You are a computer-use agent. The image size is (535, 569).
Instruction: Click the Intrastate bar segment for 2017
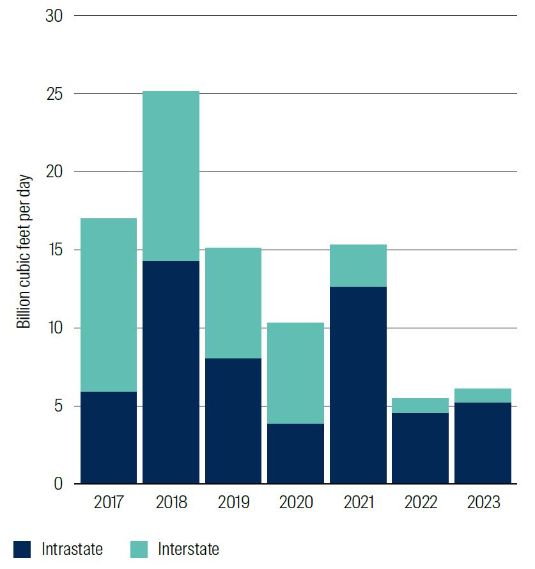(109, 438)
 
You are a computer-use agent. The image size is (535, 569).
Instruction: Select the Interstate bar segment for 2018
(171, 176)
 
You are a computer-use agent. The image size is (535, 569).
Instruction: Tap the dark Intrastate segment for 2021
(358, 385)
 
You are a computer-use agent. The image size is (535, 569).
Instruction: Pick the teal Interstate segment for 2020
(296, 373)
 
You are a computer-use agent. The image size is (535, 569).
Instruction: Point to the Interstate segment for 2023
(483, 396)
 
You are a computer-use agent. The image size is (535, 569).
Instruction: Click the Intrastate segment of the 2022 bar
(421, 448)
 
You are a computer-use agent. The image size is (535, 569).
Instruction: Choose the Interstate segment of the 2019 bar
(233, 303)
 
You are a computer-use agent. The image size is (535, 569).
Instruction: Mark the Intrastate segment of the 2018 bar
(171, 373)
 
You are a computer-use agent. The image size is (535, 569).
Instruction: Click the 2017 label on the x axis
(109, 502)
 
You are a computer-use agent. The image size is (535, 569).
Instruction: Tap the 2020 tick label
(296, 502)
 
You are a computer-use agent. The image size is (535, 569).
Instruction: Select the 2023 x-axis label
(483, 502)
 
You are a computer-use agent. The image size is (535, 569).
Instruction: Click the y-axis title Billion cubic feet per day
(24, 250)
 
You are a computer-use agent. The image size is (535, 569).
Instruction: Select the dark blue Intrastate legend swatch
(22, 549)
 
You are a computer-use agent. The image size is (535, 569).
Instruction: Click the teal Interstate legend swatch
(139, 549)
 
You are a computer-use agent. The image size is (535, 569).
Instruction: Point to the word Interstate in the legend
(189, 549)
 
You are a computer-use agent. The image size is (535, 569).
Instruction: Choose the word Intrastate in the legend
(72, 549)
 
